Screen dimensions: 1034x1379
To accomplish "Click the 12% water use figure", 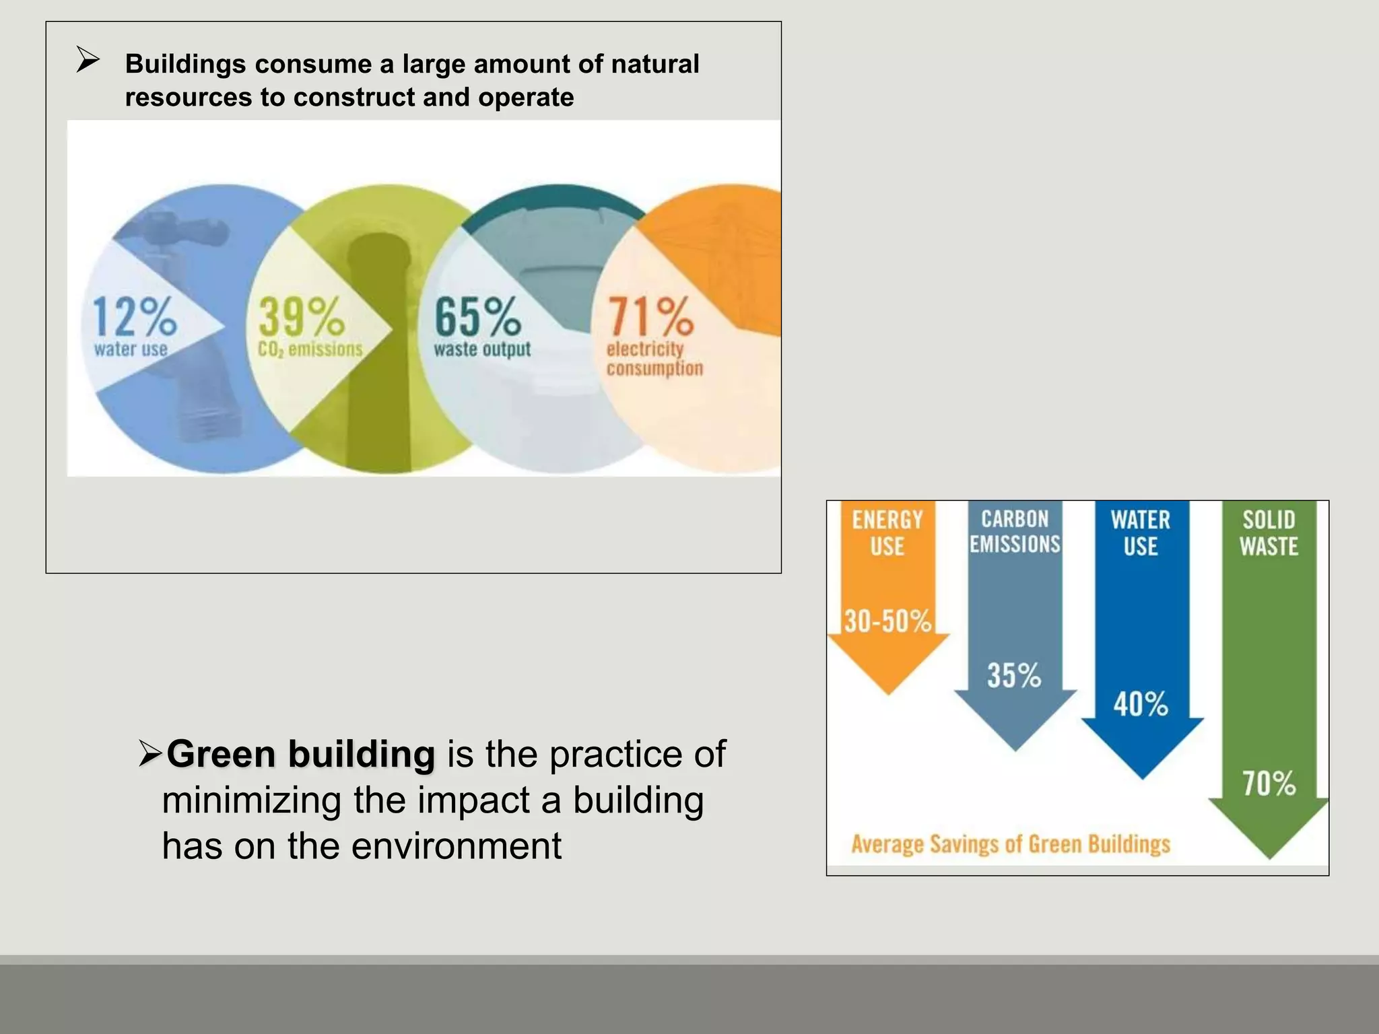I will pos(134,316).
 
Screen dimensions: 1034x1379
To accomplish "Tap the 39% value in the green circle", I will pos(301,316).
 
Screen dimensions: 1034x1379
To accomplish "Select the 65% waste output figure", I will pos(477,316).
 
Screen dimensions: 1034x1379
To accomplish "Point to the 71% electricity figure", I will pos(650,316).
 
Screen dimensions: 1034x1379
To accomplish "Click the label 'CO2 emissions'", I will pos(310,349).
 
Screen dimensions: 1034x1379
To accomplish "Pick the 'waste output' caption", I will pos(482,349).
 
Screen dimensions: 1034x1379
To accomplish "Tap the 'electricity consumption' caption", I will pos(654,359).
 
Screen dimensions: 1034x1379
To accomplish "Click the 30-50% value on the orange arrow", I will pos(887,621).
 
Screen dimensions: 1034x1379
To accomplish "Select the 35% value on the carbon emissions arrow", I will pos(1014,675).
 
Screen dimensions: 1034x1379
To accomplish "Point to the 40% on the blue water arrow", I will pos(1141,704).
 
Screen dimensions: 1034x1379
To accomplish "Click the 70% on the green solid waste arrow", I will pos(1269,784).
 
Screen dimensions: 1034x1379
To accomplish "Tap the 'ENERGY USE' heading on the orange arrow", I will pos(887,532).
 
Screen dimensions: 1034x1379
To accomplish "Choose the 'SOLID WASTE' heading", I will pos(1269,532).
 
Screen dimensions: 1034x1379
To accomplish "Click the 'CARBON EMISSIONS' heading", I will pos(1015,531).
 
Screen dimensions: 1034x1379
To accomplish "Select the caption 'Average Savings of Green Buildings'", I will pos(1011,844).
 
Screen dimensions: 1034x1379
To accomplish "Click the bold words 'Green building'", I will pos(300,754).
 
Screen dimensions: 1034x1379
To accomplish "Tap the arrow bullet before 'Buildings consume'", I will pos(88,61).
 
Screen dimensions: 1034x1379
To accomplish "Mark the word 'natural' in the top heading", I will pos(645,64).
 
